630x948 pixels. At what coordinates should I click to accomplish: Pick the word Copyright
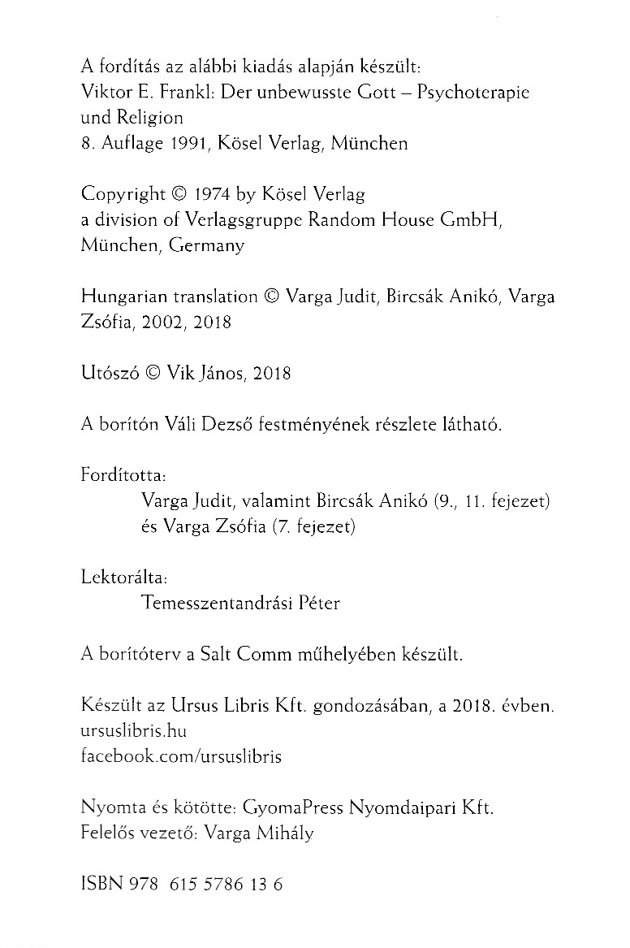[x=123, y=196]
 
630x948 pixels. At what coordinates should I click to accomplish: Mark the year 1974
[x=212, y=195]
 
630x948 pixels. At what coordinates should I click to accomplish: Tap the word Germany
[x=207, y=246]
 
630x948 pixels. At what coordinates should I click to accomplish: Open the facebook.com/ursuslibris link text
[x=182, y=756]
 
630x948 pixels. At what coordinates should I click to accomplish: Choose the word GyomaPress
[x=294, y=808]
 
